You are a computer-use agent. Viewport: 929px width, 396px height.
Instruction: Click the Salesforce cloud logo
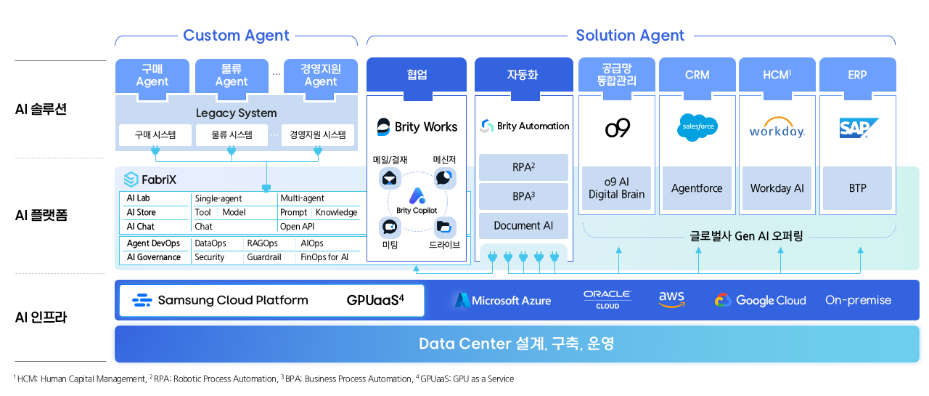(697, 127)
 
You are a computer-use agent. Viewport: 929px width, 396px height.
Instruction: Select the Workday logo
(777, 129)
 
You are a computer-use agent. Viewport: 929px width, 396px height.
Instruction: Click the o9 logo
(617, 129)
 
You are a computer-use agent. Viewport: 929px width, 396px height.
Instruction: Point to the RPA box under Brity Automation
(523, 167)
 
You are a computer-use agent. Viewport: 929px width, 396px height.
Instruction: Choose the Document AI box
(523, 225)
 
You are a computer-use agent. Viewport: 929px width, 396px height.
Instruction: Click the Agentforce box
(697, 188)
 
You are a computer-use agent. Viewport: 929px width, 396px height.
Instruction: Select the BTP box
(857, 188)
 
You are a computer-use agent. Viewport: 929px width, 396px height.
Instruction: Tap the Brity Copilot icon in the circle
(417, 195)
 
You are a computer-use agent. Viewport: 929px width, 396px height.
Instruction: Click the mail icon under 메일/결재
(390, 178)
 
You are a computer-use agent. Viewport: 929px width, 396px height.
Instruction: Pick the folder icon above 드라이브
(445, 227)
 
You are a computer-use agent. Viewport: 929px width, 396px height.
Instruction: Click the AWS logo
(671, 299)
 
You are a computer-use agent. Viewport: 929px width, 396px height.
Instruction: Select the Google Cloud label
(760, 300)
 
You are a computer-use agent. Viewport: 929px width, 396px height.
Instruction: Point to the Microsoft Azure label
(503, 300)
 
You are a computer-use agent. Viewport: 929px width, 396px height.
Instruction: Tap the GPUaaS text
(375, 299)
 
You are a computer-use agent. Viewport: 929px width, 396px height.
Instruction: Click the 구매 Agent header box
(152, 76)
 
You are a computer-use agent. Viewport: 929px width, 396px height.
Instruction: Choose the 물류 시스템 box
(232, 134)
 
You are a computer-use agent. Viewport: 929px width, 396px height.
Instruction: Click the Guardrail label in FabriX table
(263, 257)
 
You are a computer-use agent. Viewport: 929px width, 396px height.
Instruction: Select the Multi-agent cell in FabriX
(302, 198)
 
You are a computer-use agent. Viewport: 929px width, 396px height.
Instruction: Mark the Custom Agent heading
(236, 36)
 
